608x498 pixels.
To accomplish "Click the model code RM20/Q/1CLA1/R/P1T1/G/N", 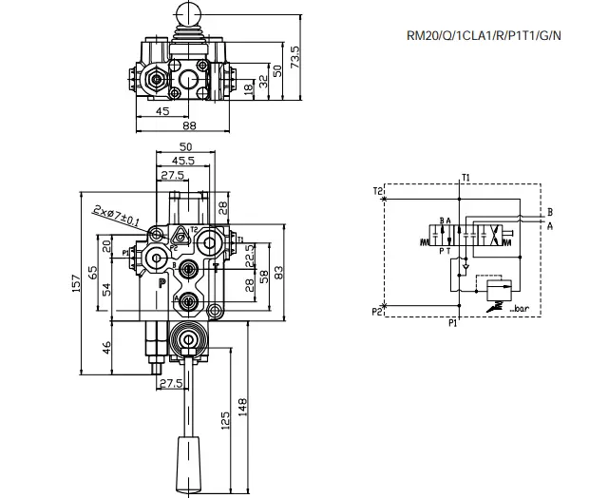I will tap(484, 37).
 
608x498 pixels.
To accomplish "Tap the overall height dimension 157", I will tap(75, 282).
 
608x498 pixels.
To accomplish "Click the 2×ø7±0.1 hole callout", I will tap(117, 216).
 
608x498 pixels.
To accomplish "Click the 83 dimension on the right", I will tap(278, 273).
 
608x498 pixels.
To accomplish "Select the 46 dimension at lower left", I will tap(106, 346).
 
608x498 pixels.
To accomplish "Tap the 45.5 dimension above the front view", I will tap(184, 162).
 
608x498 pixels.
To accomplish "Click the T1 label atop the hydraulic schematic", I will tap(465, 178).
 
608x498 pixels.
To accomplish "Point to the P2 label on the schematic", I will tap(378, 311).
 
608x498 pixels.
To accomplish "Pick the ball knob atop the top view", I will tap(185, 10).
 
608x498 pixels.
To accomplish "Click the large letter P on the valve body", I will tap(161, 282).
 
